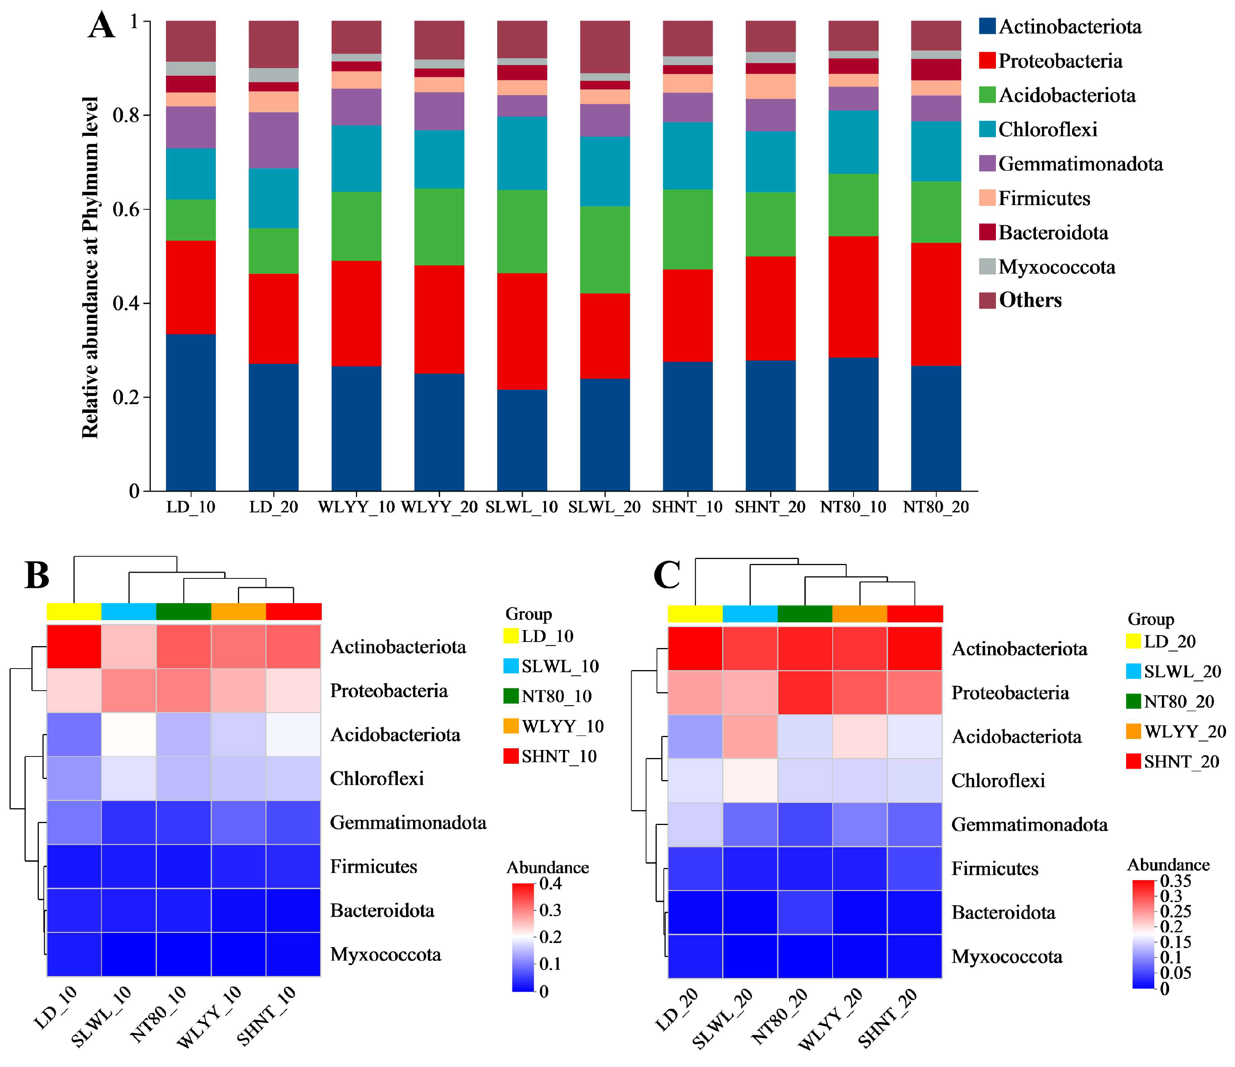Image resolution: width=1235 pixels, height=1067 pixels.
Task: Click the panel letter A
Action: tap(101, 27)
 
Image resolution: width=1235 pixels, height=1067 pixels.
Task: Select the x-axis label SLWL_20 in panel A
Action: tap(605, 508)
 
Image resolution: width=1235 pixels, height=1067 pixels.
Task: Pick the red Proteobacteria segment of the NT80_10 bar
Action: tap(853, 297)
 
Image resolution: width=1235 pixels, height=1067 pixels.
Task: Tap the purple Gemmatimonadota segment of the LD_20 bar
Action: tap(274, 140)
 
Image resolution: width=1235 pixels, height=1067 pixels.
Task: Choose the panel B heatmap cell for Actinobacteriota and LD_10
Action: tap(74, 647)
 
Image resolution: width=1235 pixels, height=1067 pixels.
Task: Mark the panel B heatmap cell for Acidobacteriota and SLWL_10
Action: tap(129, 734)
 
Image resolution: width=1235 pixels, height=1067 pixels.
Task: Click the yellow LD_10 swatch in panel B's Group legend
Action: tap(511, 636)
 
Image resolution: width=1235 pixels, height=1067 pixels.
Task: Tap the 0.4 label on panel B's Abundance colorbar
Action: tap(550, 884)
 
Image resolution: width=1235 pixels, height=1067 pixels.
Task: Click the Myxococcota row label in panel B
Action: tap(386, 954)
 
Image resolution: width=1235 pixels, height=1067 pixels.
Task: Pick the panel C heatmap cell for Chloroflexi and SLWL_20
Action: tap(750, 780)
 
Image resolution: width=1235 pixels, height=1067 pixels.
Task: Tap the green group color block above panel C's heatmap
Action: tap(805, 614)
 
